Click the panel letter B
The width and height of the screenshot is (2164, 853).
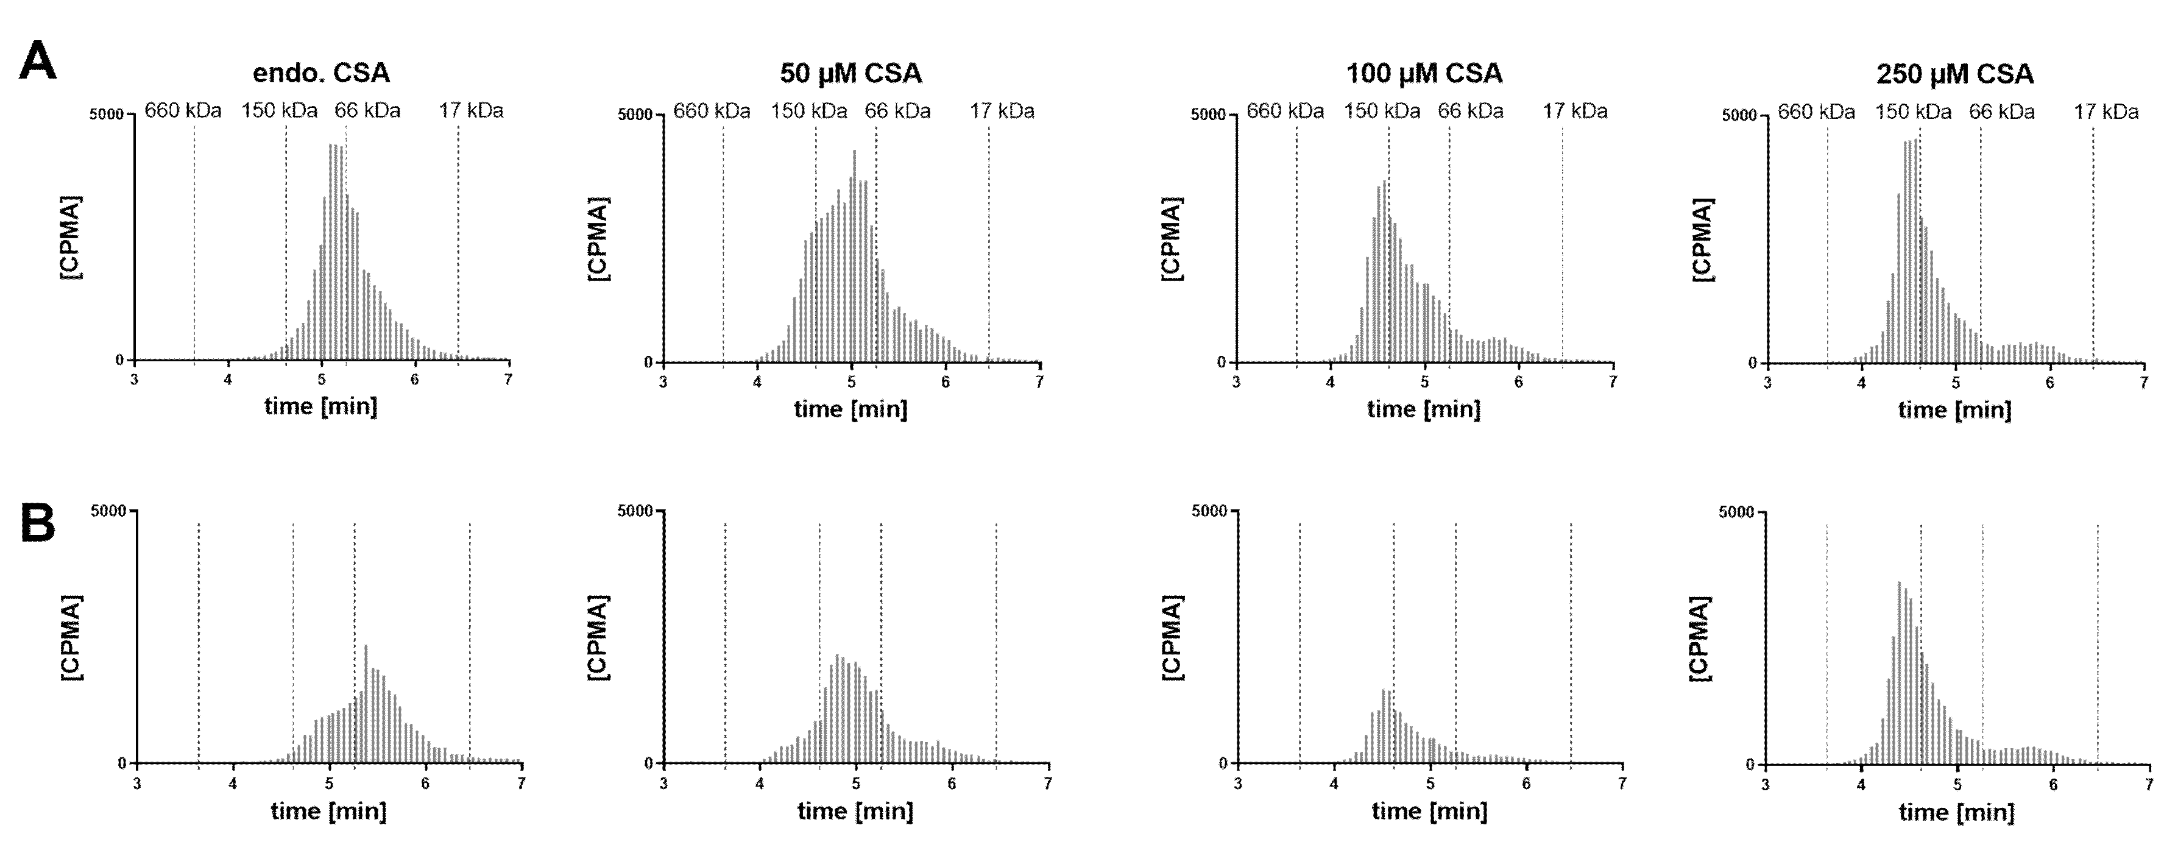tap(37, 523)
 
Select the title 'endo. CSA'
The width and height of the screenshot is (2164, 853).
tap(321, 73)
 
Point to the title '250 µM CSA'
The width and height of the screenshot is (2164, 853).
tap(1955, 74)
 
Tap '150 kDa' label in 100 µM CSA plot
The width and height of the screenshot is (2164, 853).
tap(1381, 111)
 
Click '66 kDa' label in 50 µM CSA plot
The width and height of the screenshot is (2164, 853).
tap(897, 111)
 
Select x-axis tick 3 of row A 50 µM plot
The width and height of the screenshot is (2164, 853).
tap(663, 381)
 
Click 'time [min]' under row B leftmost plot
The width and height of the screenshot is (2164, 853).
tap(328, 811)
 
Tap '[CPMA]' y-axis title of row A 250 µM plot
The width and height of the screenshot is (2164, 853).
tap(1703, 239)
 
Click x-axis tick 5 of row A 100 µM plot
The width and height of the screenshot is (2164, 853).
tap(1424, 381)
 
